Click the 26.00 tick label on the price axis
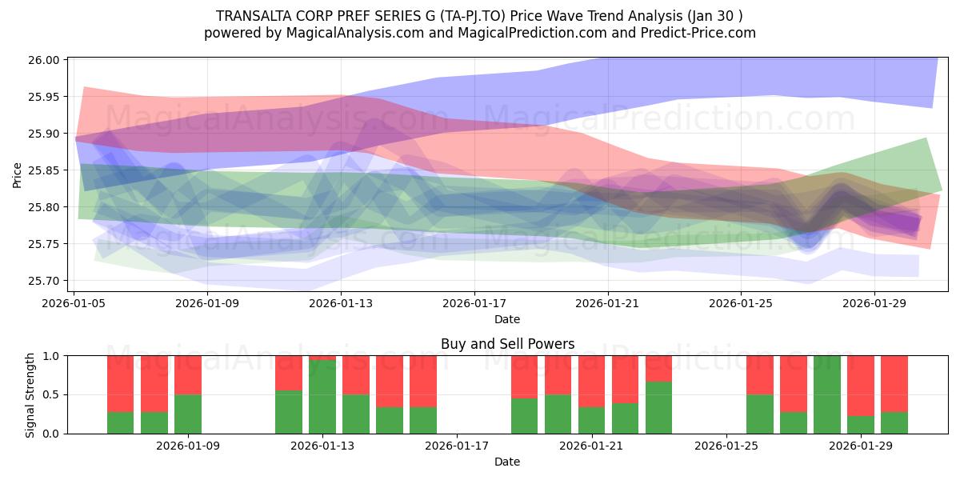[x=44, y=60]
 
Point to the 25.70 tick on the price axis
[x=44, y=281]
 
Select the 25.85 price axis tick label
[x=44, y=170]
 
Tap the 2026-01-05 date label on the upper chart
[x=74, y=303]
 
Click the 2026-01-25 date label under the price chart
[x=741, y=303]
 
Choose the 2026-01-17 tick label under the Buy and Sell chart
[x=457, y=446]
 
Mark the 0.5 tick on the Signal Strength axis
[x=51, y=394]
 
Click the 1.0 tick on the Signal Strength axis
[x=51, y=356]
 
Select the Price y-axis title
[x=17, y=175]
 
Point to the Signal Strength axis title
[x=30, y=395]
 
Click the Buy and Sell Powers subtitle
[x=507, y=344]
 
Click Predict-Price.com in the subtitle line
[x=698, y=33]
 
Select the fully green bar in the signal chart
[x=826, y=394]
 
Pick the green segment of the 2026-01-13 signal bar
[x=322, y=397]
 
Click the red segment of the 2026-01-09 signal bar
[x=188, y=375]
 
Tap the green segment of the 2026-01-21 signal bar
[x=591, y=421]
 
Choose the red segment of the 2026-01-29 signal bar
[x=861, y=386]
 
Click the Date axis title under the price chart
[x=507, y=319]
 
